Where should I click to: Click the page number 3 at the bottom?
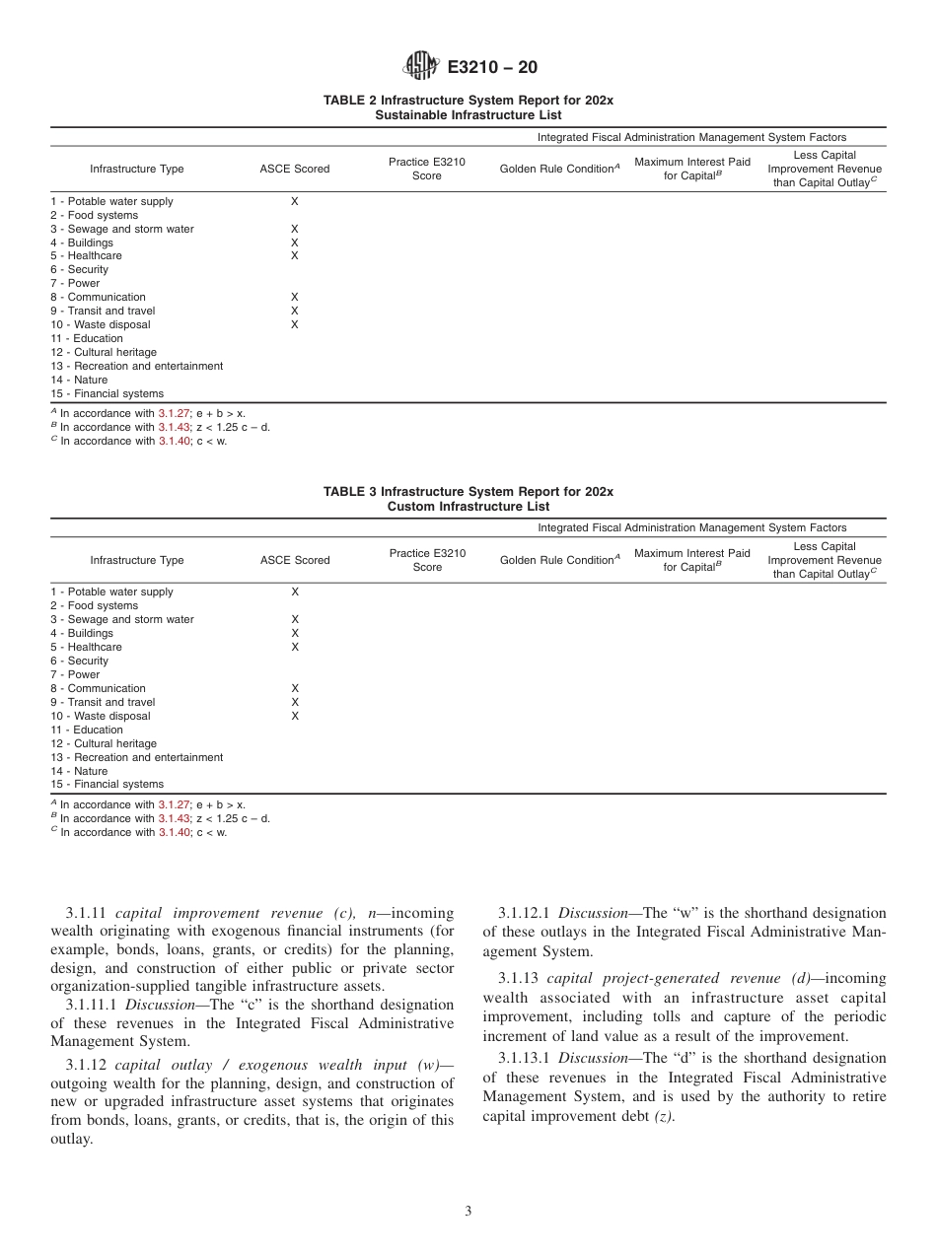[x=468, y=1211]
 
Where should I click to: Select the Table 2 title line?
[x=468, y=101]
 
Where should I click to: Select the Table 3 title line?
[x=468, y=491]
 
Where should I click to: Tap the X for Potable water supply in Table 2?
[x=294, y=201]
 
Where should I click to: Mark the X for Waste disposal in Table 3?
[x=294, y=716]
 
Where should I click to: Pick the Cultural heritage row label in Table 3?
[x=104, y=743]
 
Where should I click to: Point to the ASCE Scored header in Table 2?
[x=295, y=169]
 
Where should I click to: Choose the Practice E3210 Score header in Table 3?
[x=427, y=560]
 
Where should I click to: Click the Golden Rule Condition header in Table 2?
[x=559, y=169]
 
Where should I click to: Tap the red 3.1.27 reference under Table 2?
[x=174, y=414]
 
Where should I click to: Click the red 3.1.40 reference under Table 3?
[x=174, y=832]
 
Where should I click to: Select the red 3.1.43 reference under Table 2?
[x=174, y=428]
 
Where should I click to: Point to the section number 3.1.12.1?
[x=528, y=914]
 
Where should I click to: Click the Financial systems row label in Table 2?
[x=108, y=393]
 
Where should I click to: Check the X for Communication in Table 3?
[x=294, y=688]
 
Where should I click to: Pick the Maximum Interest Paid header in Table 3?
[x=691, y=560]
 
